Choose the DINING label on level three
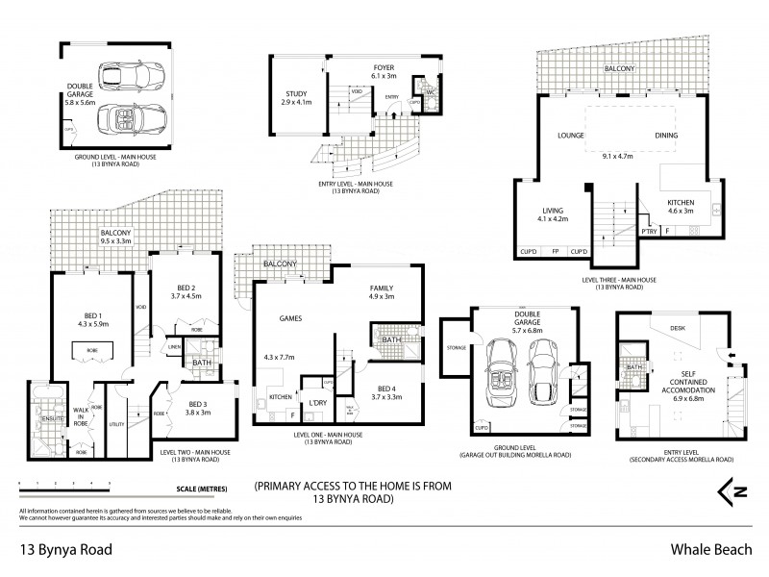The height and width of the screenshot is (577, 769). (x=670, y=137)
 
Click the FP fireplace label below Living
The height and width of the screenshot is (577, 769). (x=555, y=251)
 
